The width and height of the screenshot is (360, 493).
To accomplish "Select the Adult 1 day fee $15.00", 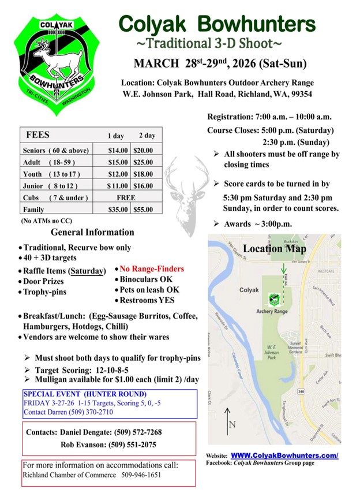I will click(x=117, y=162).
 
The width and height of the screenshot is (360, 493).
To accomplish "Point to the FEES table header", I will click(x=38, y=135).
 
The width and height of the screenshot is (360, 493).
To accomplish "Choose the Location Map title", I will click(x=274, y=249).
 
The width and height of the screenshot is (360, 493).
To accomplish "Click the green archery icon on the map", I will click(x=272, y=299).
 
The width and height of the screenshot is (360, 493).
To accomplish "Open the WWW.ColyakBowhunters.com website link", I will click(x=284, y=455).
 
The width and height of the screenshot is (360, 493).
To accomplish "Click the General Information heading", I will click(x=92, y=233).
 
